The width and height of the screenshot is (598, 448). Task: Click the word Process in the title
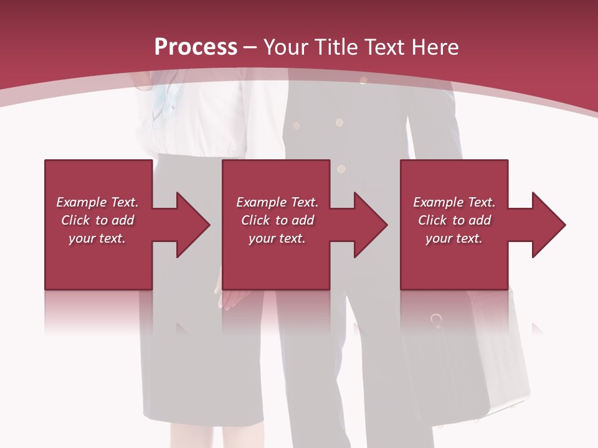pyautogui.click(x=196, y=47)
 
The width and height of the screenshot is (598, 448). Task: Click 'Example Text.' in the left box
pyautogui.click(x=98, y=202)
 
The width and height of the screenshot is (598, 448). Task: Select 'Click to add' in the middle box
pyautogui.click(x=277, y=220)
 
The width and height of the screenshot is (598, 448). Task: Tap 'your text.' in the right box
pyautogui.click(x=454, y=238)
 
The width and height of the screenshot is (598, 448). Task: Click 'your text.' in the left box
pyautogui.click(x=98, y=238)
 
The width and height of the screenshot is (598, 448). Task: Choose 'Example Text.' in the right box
pyautogui.click(x=454, y=202)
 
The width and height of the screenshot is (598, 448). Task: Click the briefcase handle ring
pyautogui.click(x=437, y=320)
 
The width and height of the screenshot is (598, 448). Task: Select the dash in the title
pyautogui.click(x=250, y=47)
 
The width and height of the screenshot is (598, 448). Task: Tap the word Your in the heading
pyautogui.click(x=285, y=47)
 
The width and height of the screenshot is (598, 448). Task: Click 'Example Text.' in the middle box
pyautogui.click(x=277, y=202)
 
